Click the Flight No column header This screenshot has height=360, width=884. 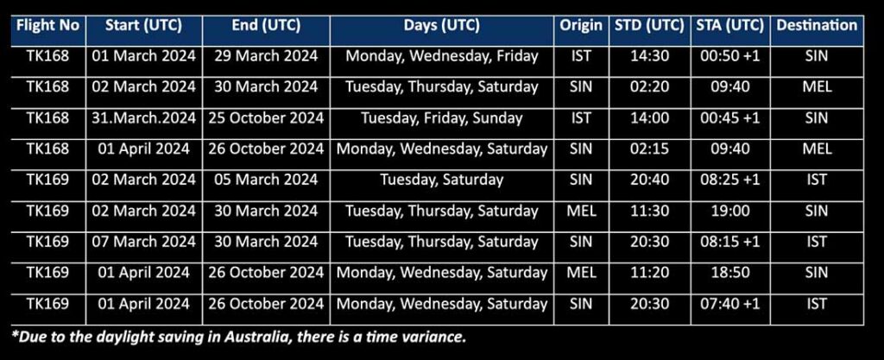pos(48,25)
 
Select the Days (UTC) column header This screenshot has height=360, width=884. pos(441,25)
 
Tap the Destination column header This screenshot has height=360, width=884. pos(817,25)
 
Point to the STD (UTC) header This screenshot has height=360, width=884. pos(649,25)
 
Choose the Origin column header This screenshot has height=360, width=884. pos(581,25)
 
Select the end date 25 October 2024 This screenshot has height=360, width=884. pos(266,117)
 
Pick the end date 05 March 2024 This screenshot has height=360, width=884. pos(266,180)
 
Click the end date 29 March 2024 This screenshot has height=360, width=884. pos(266,56)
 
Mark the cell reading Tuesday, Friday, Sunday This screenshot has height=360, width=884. pos(441,118)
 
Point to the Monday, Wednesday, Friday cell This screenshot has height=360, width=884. pos(441,56)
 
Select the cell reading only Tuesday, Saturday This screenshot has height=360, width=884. pos(441,180)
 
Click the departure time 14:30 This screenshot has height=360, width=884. pos(649,56)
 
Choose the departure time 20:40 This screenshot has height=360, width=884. pos(649,180)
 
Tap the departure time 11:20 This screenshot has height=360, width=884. pos(649,273)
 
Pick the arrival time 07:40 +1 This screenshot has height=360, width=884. pos(730,304)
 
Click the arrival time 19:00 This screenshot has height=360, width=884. pos(730,211)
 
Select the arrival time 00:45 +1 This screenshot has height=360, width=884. pos(730,117)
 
